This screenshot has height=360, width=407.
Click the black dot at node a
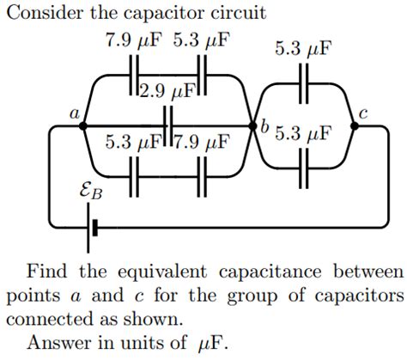pos(82,125)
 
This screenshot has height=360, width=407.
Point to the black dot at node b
pos(252,125)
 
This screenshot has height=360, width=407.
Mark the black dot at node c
pos(355,125)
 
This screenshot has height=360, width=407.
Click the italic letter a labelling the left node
pos(74,113)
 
